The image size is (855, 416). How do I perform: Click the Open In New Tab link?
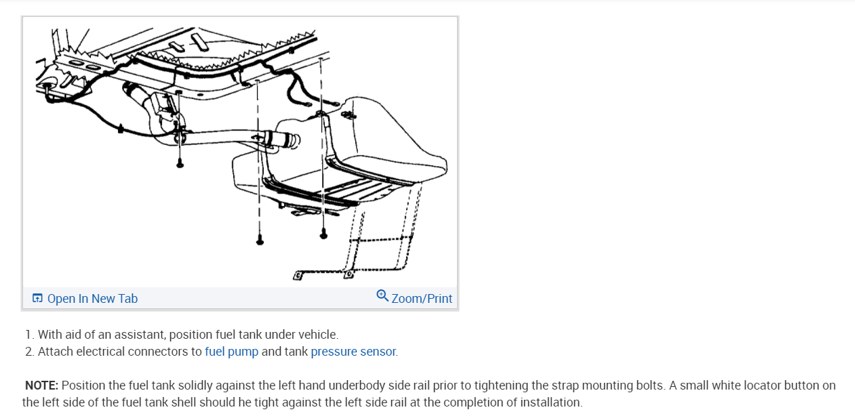(92, 299)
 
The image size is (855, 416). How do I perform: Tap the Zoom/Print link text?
(422, 299)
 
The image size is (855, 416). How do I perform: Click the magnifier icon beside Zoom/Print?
(382, 296)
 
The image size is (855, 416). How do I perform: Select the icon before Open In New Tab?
(37, 299)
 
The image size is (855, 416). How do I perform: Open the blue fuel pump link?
(231, 352)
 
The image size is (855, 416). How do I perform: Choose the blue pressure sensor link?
(353, 352)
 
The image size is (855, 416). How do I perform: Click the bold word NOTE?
(42, 386)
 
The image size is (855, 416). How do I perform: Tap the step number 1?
(28, 335)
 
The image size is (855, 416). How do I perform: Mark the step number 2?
(28, 352)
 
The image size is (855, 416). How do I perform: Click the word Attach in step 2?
(54, 352)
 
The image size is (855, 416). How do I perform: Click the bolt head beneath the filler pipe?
(180, 163)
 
